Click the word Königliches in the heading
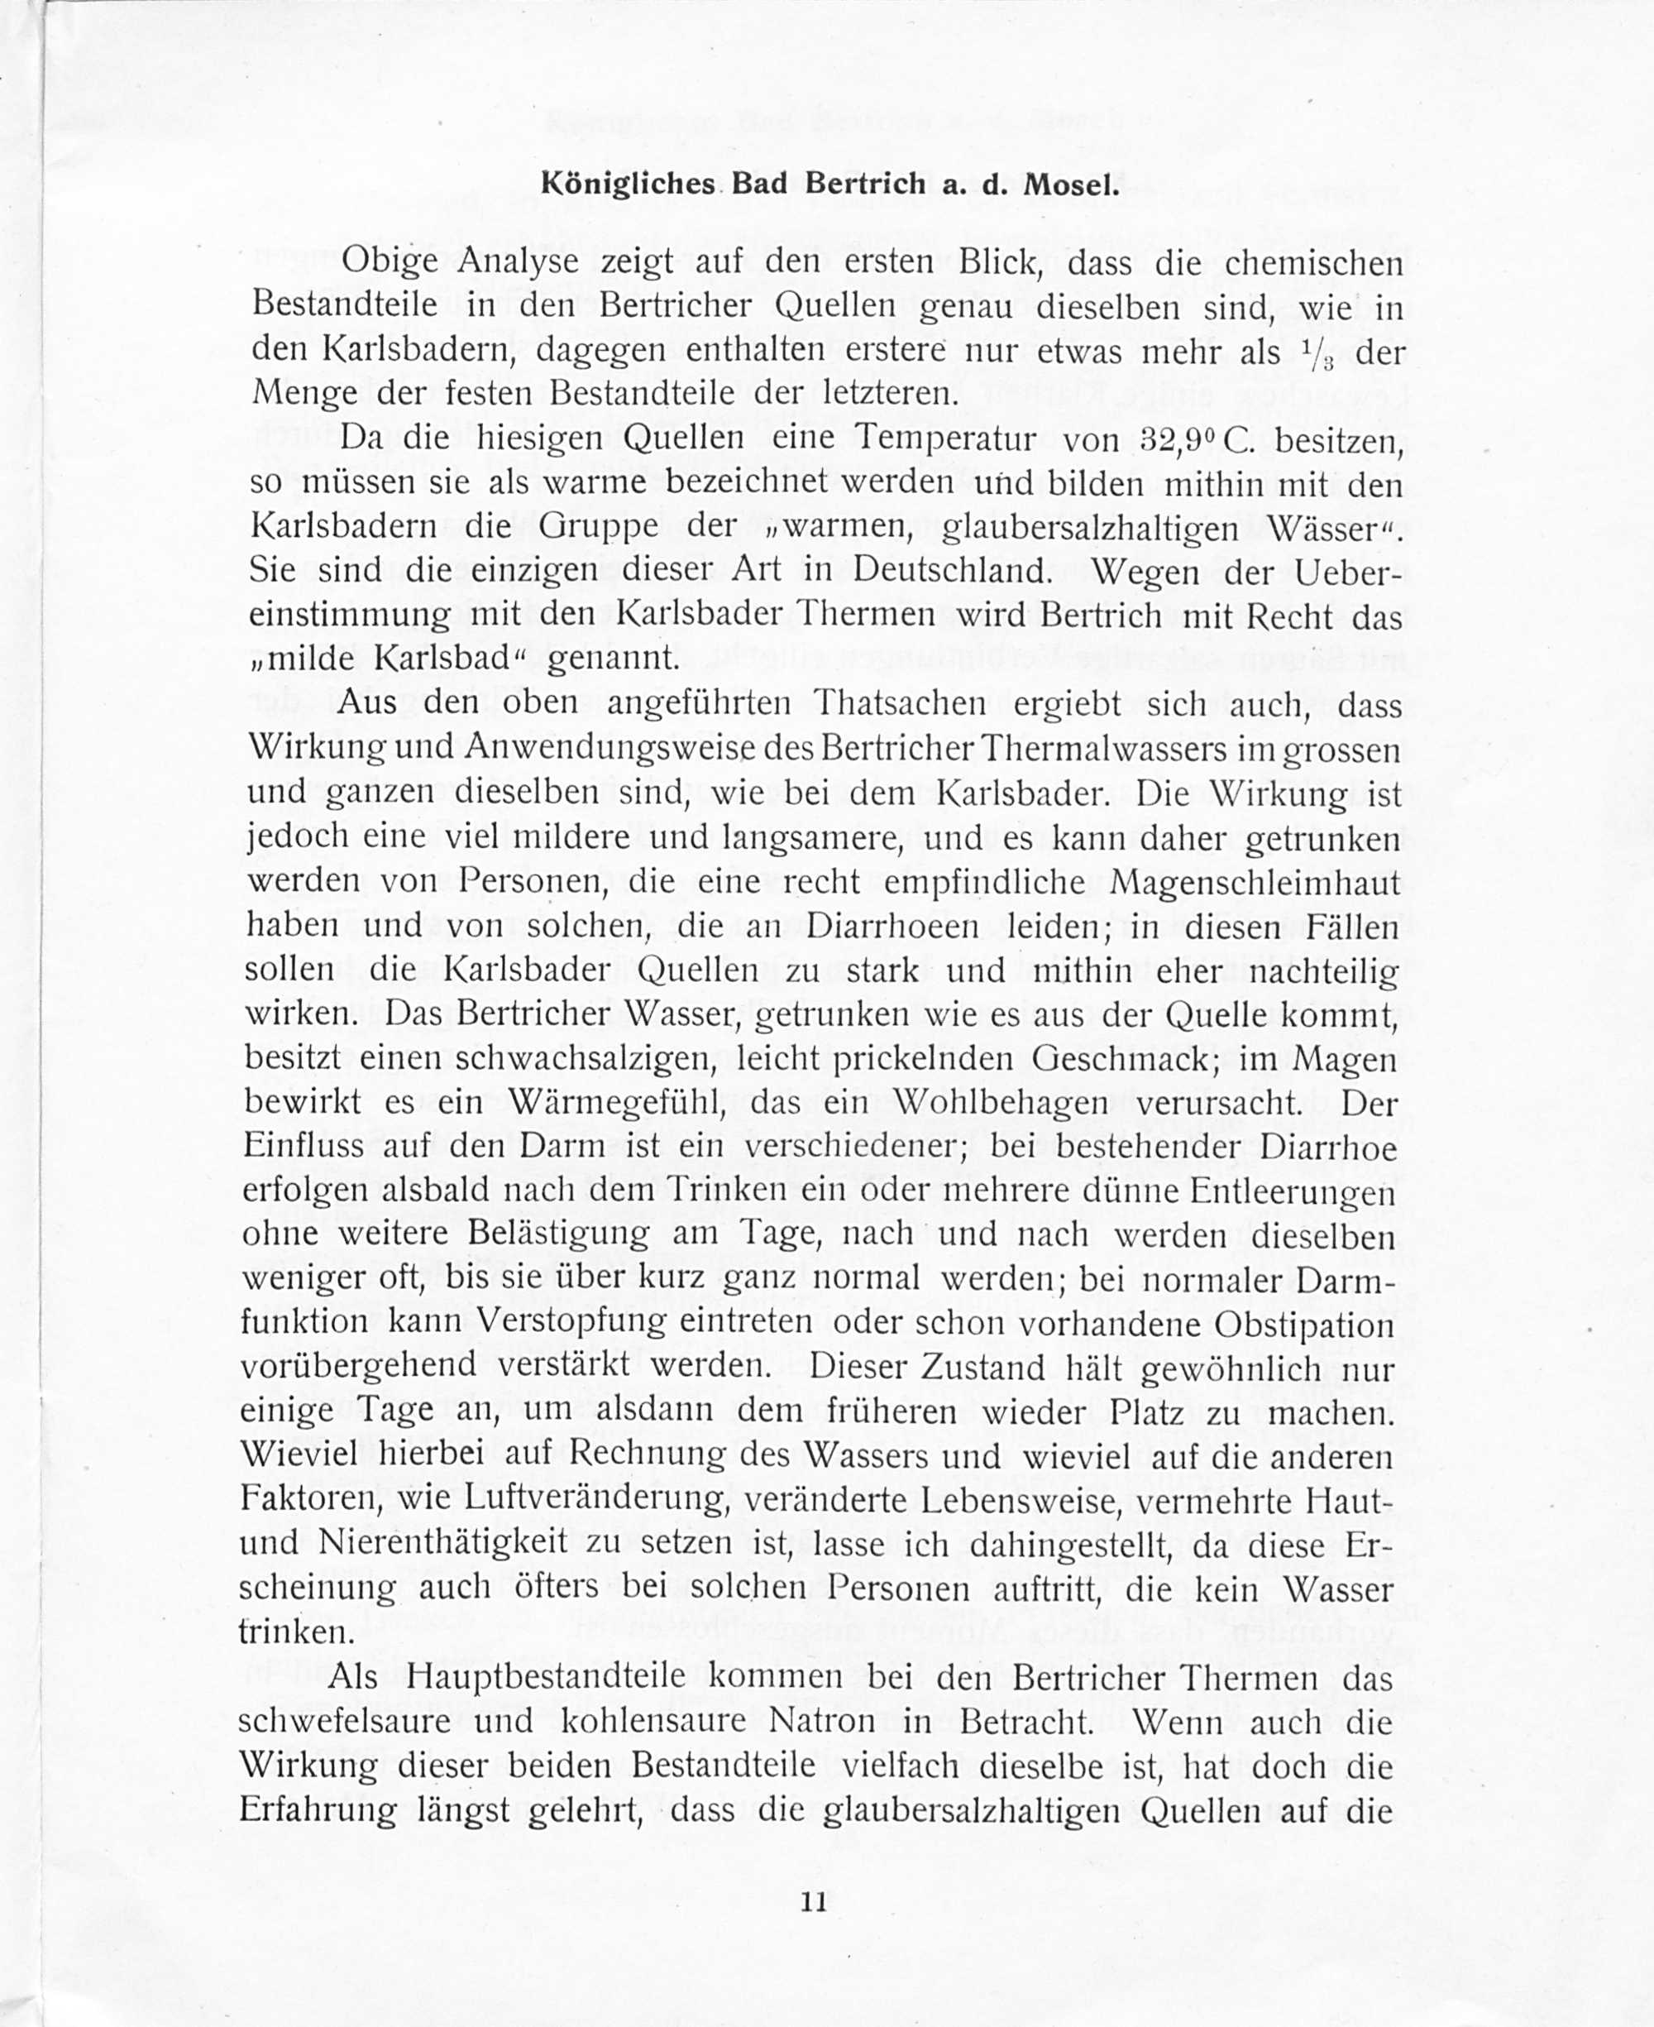pos(628,184)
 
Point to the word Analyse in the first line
pos(519,262)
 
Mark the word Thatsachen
pos(895,704)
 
